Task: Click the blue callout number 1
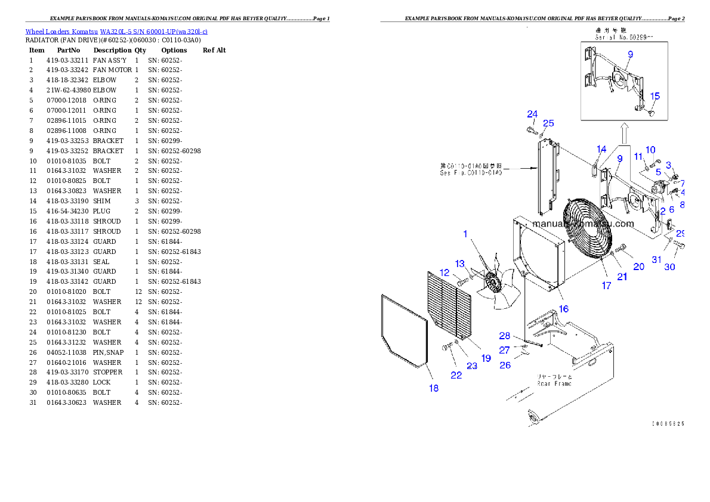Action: click(x=465, y=234)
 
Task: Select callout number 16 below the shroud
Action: click(x=564, y=309)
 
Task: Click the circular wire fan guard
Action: click(x=590, y=228)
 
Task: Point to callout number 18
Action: click(x=434, y=388)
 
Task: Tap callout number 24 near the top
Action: click(x=532, y=114)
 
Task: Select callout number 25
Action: click(x=548, y=123)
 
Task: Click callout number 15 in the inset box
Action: click(x=655, y=96)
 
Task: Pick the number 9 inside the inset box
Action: click(x=630, y=54)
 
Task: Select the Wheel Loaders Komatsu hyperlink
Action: click(x=116, y=31)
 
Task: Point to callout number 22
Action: click(x=456, y=375)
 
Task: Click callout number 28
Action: click(x=505, y=336)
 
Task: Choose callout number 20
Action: click(x=638, y=267)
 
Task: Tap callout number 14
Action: click(x=601, y=150)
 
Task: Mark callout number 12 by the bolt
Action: click(x=444, y=272)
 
